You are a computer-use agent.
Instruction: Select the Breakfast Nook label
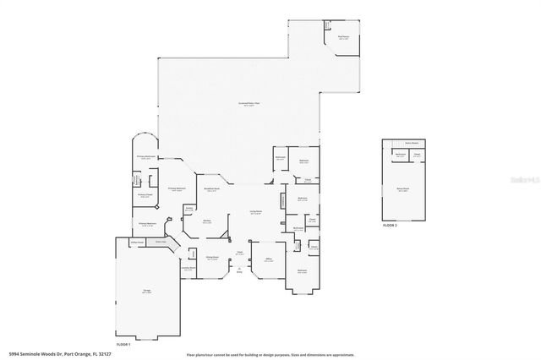point(211,189)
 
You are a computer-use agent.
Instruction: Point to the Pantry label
point(189,209)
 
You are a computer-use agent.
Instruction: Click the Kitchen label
point(206,221)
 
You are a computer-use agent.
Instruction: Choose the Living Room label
point(254,212)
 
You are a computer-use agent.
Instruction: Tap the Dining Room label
point(213,258)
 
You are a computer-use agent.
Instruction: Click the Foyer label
point(240,252)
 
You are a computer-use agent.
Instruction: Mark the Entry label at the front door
point(239,271)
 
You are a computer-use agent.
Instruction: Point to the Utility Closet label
point(134,242)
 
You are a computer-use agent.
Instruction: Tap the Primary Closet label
point(144,195)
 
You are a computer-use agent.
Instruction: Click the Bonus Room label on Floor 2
point(403,189)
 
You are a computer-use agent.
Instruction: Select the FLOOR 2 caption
point(390,226)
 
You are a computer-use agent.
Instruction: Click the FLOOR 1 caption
point(123,345)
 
